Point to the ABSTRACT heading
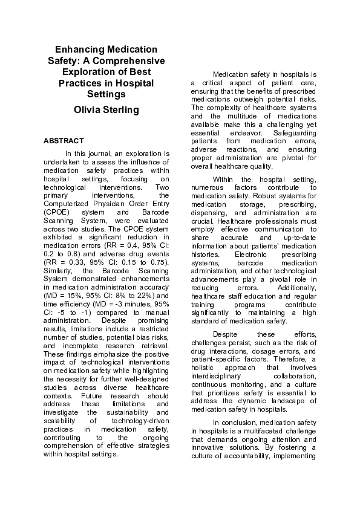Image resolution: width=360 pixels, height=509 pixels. [x=59, y=141]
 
